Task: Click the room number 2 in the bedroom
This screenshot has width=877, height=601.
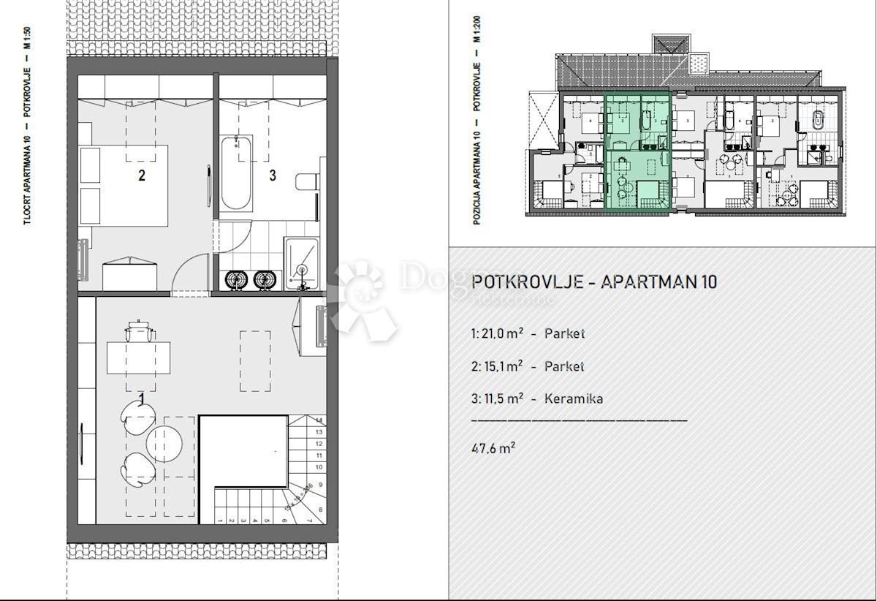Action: [142, 175]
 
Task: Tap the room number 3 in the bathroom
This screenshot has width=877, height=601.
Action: [273, 175]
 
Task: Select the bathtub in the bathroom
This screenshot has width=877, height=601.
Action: [238, 173]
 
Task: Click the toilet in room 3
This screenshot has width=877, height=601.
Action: [306, 181]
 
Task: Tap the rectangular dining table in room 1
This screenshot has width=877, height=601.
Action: [139, 358]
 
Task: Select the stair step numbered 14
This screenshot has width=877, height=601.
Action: [319, 420]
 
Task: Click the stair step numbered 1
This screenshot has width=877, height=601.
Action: [221, 521]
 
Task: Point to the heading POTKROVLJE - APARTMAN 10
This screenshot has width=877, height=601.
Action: [594, 282]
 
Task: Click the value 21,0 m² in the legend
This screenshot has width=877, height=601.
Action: [498, 334]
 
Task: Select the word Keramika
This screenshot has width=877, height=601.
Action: [574, 398]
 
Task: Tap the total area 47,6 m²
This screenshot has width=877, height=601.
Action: [494, 448]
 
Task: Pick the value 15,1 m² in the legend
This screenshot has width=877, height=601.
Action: [498, 366]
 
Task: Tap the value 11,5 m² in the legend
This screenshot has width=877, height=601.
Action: [498, 398]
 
